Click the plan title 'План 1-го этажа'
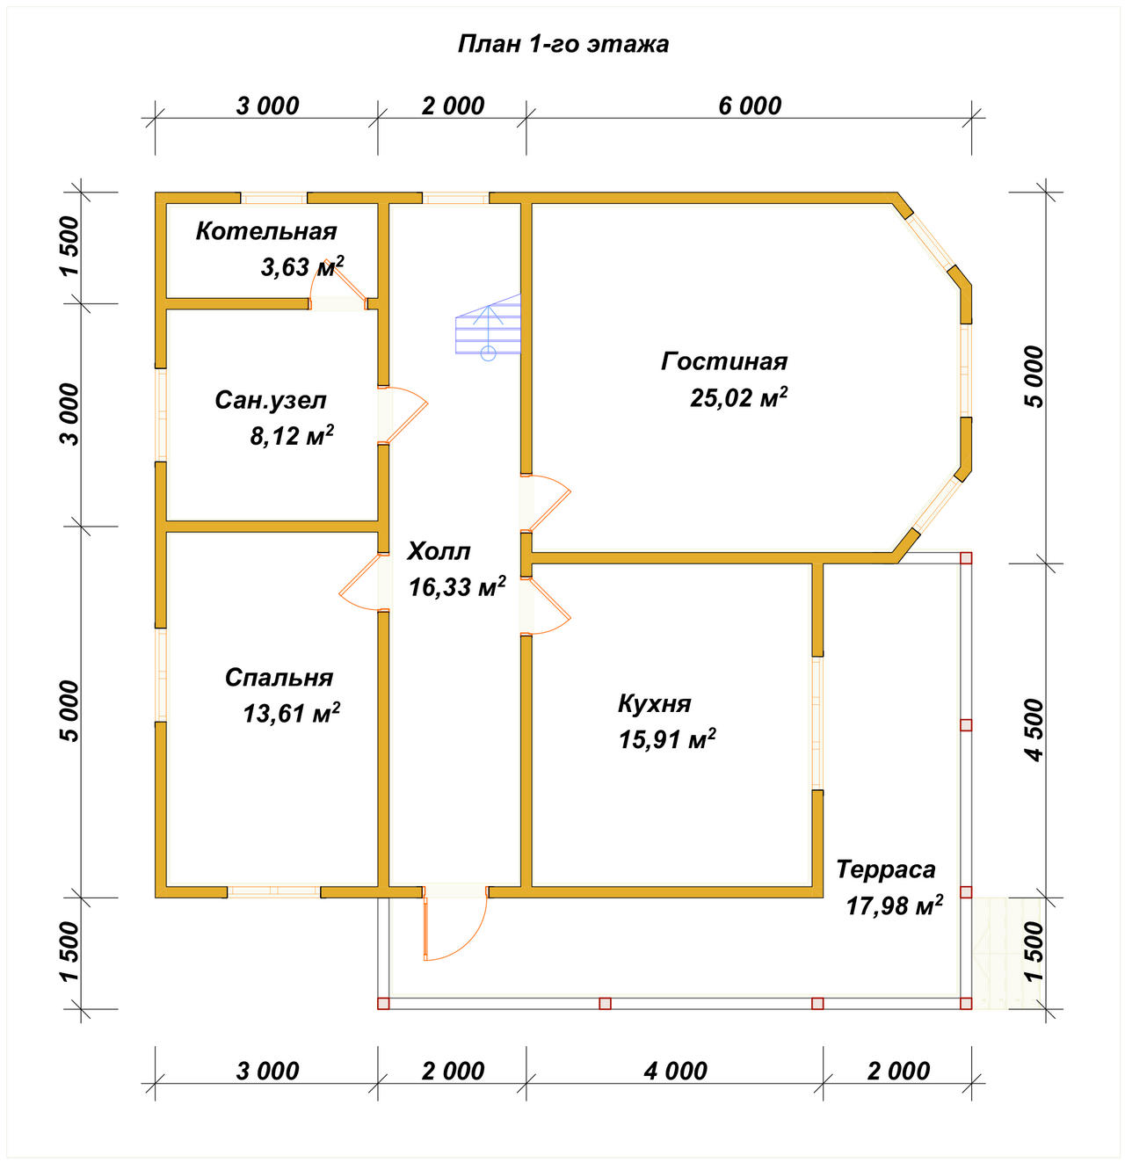(562, 44)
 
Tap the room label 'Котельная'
(266, 231)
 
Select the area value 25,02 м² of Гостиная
(738, 397)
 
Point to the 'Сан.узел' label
(271, 401)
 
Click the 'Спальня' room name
(279, 678)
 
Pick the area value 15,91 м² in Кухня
(667, 739)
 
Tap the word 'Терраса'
(885, 869)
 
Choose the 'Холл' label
(439, 551)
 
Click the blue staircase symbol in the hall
(488, 327)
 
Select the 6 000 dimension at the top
(749, 106)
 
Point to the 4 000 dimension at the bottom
(675, 1072)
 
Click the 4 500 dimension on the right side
(1035, 731)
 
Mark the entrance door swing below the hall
(455, 923)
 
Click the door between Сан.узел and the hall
(402, 415)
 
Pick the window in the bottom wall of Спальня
(273, 891)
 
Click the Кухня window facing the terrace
(817, 723)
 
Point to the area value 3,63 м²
(302, 266)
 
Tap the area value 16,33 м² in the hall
(457, 587)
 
